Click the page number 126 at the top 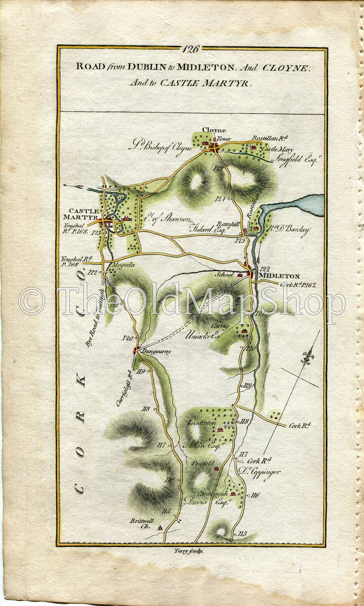point(192,49)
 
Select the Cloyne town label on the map point(214,130)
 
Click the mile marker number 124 point(219,199)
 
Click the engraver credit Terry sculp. point(189,551)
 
